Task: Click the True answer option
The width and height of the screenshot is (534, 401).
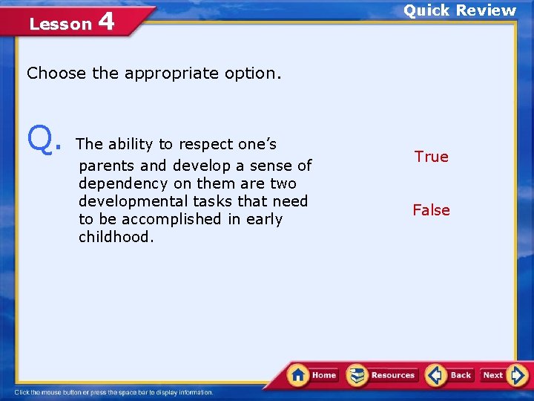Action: pyautogui.click(x=431, y=157)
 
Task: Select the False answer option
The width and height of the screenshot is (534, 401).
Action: pyautogui.click(x=431, y=210)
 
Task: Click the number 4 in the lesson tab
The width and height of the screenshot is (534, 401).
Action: pyautogui.click(x=105, y=22)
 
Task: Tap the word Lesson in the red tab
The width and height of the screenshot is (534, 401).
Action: pyautogui.click(x=60, y=24)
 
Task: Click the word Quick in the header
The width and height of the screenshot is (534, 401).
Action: pyautogui.click(x=426, y=10)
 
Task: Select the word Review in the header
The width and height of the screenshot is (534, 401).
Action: pyautogui.click(x=486, y=10)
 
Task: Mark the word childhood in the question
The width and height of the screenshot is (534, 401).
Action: pyautogui.click(x=116, y=237)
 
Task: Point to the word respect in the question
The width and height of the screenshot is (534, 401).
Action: pyautogui.click(x=205, y=144)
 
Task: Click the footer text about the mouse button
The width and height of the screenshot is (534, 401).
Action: pyautogui.click(x=114, y=392)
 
